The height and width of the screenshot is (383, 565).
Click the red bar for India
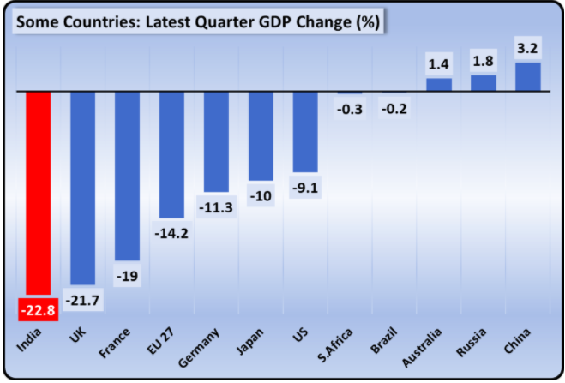coord(39,193)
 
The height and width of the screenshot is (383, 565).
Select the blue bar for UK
coord(82,187)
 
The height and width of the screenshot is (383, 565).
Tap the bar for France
coord(127,175)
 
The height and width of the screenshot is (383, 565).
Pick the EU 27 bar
coord(171,154)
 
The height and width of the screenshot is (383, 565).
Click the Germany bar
coord(216,141)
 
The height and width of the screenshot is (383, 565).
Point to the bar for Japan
coord(261,135)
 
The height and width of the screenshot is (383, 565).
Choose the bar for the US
coord(305,131)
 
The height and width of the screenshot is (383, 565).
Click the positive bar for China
coord(527,76)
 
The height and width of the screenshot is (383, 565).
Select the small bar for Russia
coord(484,82)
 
